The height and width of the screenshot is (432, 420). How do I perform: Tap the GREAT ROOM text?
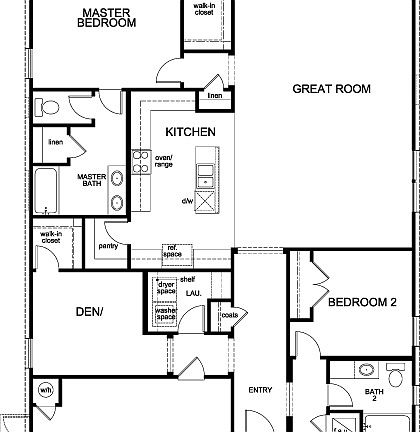(x=331, y=89)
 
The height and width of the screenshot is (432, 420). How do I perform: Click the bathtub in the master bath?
(x=46, y=190)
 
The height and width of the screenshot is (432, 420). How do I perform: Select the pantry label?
(x=109, y=246)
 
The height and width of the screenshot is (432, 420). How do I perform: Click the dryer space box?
(x=166, y=289)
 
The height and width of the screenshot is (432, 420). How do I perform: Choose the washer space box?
(x=166, y=314)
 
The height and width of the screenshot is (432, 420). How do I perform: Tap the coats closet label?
(x=229, y=316)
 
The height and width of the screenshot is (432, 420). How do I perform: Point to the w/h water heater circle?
(x=45, y=389)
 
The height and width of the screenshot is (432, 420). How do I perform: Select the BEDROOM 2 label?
(x=362, y=302)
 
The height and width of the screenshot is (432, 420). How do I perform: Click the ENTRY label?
(x=260, y=390)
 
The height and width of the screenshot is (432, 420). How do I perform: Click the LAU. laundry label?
(x=194, y=293)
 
